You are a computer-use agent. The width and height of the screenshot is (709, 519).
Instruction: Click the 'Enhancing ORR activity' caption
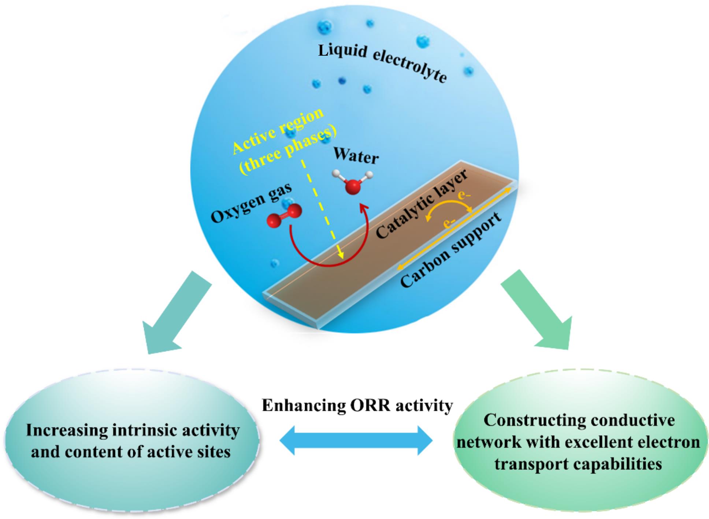coord(357,405)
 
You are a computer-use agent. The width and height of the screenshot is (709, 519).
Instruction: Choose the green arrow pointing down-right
coord(538,311)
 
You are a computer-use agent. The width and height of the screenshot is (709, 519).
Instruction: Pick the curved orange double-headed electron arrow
coord(449,210)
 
